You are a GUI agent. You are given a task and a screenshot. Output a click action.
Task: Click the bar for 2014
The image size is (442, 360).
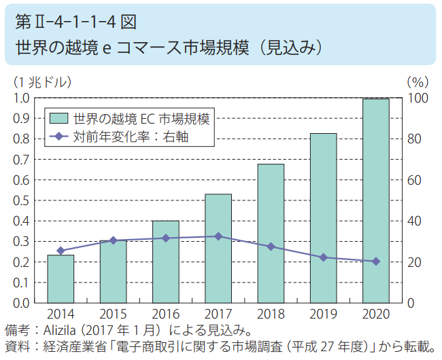[61, 279]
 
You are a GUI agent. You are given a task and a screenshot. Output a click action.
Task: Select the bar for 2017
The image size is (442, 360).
[218, 249]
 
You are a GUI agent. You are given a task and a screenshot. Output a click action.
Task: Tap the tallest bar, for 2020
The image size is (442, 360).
[376, 201]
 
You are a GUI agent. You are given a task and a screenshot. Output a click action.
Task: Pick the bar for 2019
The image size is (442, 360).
[323, 218]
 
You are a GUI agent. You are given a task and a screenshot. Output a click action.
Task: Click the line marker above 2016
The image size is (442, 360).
[166, 238]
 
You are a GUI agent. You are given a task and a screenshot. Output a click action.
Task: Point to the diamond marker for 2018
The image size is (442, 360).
[271, 247]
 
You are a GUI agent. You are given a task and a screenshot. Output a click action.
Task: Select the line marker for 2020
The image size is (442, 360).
[376, 262]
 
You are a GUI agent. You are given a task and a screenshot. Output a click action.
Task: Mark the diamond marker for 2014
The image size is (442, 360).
[61, 251]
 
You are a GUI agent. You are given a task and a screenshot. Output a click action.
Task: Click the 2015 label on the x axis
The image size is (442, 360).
[113, 314]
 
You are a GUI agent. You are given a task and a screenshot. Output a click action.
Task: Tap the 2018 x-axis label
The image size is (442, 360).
[271, 314]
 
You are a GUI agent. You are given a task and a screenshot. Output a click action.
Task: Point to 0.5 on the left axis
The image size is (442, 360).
[21, 200]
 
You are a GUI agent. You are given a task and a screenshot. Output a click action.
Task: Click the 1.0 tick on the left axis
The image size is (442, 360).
[21, 98]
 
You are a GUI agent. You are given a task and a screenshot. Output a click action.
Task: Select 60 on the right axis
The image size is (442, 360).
[414, 180]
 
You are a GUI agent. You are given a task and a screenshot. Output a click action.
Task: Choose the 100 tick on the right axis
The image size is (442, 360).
[418, 98]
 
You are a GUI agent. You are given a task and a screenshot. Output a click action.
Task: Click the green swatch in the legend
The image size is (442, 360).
[59, 118]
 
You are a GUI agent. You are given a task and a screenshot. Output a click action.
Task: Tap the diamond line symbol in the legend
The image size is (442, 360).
[59, 137]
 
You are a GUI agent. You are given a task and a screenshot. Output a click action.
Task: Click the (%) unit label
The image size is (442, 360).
[418, 82]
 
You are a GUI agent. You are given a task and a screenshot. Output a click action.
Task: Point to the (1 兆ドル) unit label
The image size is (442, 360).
[43, 82]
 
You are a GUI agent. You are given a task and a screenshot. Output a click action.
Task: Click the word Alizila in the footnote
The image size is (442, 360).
[59, 330]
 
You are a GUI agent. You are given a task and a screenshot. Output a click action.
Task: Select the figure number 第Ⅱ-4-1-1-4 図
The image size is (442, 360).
[76, 22]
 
